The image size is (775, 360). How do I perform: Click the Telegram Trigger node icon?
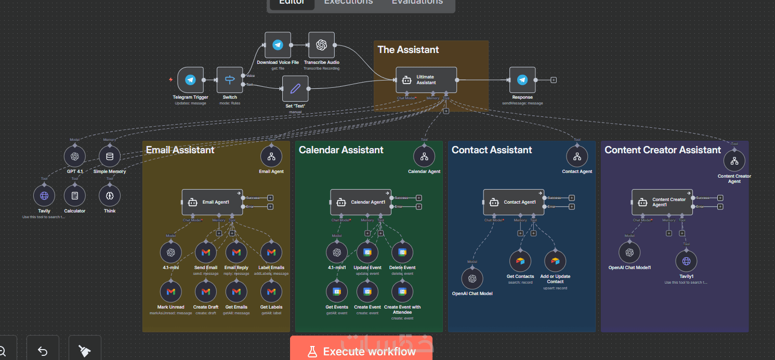coord(190,80)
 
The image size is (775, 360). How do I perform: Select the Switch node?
coord(230,80)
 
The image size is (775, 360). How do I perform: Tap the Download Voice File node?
coord(278,45)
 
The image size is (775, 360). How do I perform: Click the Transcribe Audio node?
coord(321,45)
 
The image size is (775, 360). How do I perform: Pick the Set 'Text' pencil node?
coord(295,89)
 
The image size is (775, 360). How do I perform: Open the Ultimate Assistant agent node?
coord(426,80)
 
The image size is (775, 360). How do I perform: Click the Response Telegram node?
coord(522,80)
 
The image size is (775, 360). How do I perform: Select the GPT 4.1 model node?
coord(75,156)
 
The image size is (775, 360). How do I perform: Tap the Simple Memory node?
coord(110,156)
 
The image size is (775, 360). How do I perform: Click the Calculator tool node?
coord(75,196)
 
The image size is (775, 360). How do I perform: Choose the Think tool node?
coord(110,196)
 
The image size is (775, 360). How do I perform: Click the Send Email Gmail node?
coord(205,252)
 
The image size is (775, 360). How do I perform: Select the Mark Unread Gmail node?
coord(170,292)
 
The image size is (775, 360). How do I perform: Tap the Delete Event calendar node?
coord(402,252)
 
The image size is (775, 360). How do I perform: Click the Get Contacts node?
coord(520,261)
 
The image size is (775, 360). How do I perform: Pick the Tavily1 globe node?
coord(686,261)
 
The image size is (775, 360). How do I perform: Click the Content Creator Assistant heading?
coord(663,150)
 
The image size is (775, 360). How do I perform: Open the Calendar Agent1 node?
coord(361,202)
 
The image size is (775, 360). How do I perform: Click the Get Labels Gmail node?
coord(271,292)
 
